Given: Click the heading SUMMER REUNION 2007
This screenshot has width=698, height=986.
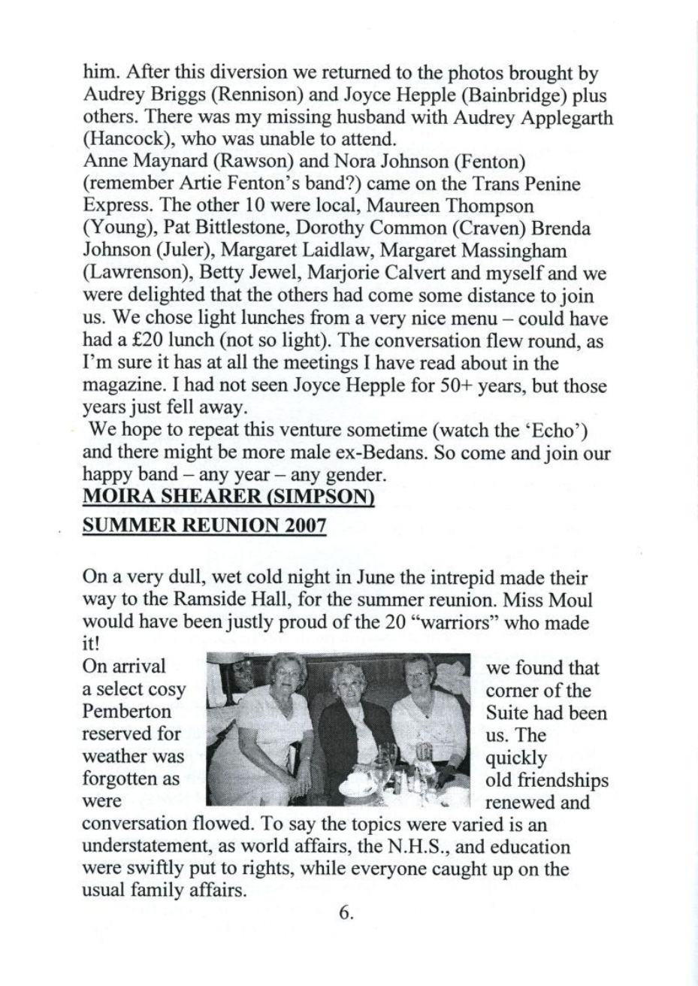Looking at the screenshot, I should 204,525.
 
